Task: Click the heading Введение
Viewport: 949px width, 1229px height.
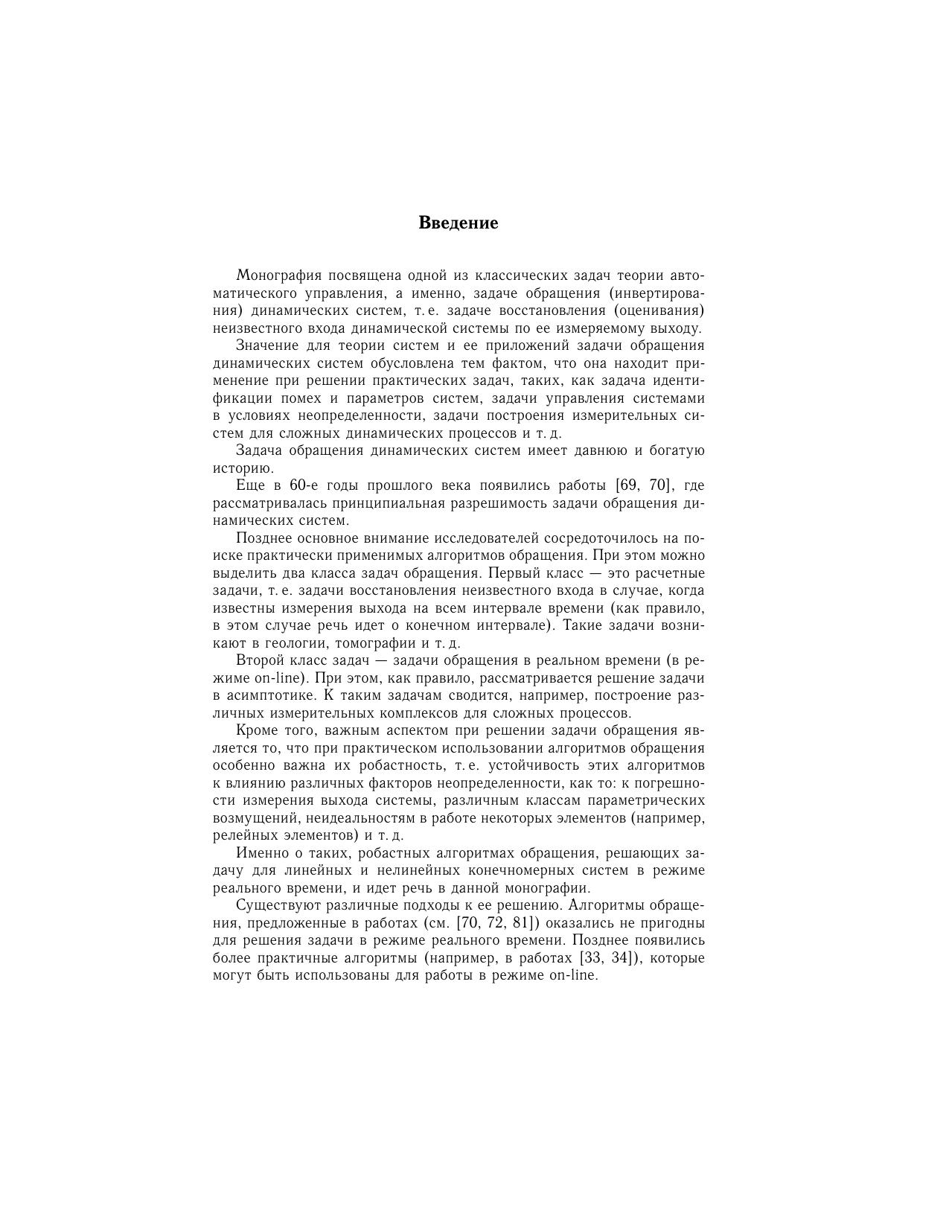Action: click(458, 223)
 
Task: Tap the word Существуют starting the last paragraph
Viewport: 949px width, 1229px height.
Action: click(274, 906)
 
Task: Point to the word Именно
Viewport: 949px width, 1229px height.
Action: click(258, 853)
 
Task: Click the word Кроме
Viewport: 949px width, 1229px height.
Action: click(255, 731)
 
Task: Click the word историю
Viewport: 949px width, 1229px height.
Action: click(243, 468)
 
